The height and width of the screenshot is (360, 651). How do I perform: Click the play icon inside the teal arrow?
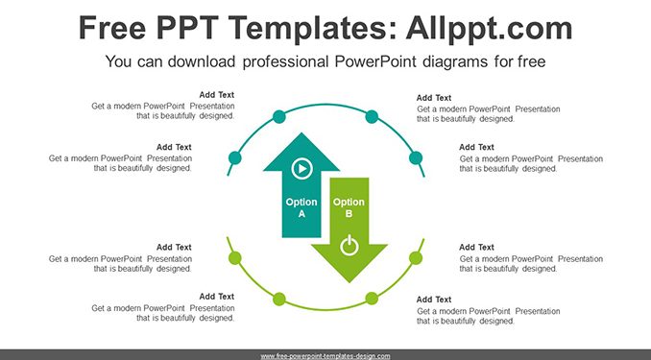[x=301, y=169]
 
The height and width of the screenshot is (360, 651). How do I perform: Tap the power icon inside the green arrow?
[x=350, y=246]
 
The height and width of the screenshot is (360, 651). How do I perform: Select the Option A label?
[x=301, y=207]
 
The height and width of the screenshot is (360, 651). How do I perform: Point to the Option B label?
[x=349, y=207]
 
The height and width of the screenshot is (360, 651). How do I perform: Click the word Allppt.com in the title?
[x=489, y=28]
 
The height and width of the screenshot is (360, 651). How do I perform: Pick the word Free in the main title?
[x=112, y=28]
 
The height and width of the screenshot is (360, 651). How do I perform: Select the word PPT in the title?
[x=187, y=28]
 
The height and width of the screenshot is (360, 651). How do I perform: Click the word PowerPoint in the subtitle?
[x=375, y=61]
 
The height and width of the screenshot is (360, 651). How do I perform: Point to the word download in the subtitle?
[x=202, y=61]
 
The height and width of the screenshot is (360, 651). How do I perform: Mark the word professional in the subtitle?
[x=285, y=61]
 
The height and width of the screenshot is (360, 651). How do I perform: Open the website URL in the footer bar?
[x=325, y=356]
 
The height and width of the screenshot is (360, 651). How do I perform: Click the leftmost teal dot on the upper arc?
[x=235, y=157]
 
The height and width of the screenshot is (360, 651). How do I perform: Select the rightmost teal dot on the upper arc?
[x=416, y=157]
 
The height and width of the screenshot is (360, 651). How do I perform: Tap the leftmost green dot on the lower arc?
[x=235, y=258]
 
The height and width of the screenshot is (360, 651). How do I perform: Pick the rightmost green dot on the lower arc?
[x=416, y=258]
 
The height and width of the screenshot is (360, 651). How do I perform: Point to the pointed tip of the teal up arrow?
[x=301, y=132]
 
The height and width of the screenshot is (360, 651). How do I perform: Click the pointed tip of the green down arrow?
[x=350, y=282]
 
